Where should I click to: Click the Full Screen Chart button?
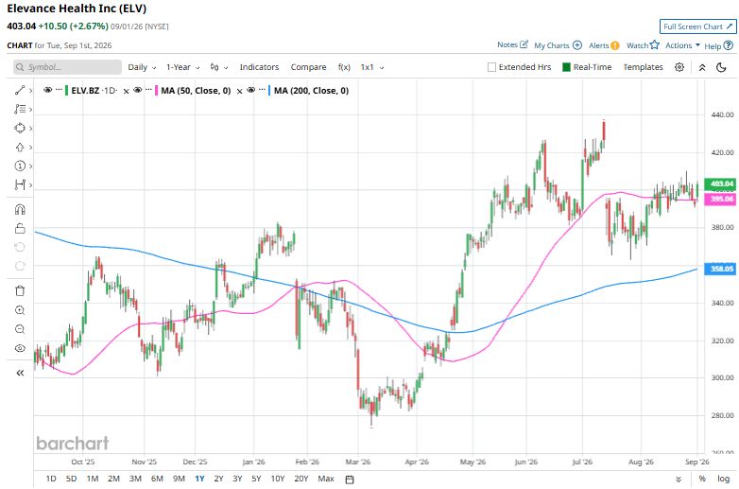(x=697, y=26)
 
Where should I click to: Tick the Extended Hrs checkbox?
(x=491, y=67)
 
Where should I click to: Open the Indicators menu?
(x=259, y=67)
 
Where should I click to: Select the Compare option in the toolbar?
(x=308, y=67)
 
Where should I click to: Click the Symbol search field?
(x=67, y=67)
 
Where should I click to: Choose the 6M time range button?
(x=157, y=479)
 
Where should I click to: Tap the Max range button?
(x=326, y=479)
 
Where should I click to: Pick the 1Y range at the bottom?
(x=199, y=479)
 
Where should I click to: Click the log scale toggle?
(x=724, y=479)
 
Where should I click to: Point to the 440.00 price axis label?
(x=722, y=114)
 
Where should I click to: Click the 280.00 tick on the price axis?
(x=722, y=415)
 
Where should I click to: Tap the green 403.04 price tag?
(x=720, y=183)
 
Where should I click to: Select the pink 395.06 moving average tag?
(x=720, y=199)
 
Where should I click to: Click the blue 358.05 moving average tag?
(x=720, y=269)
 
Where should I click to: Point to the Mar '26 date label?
(x=358, y=462)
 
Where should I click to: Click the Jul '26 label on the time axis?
(x=582, y=462)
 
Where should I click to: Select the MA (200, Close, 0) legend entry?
(x=311, y=91)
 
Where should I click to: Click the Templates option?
(x=643, y=67)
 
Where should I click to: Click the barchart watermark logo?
(x=73, y=444)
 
